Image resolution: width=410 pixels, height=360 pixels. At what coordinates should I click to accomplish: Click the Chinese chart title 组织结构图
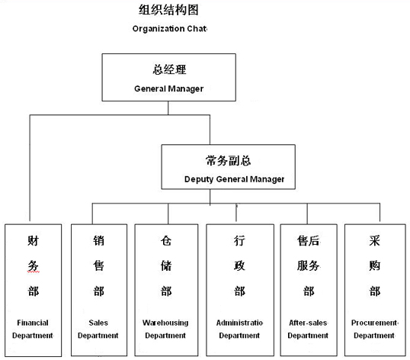[168, 10]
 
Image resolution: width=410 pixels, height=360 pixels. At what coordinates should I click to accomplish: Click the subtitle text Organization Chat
[169, 28]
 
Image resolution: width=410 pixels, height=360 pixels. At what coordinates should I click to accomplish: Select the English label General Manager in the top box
[168, 88]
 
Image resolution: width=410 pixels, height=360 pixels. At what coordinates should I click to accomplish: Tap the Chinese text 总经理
[169, 69]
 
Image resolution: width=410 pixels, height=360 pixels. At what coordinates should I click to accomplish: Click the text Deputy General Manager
[234, 179]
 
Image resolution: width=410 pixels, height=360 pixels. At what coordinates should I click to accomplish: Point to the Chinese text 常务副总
[228, 160]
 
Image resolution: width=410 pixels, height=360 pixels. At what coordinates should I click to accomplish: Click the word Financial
[33, 323]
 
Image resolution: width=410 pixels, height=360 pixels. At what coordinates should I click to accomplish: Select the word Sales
[98, 323]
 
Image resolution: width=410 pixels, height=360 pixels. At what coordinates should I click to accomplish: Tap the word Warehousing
[165, 323]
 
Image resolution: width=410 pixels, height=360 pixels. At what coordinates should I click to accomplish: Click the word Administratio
[239, 323]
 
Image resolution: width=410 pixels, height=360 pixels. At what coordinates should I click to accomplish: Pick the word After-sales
[308, 323]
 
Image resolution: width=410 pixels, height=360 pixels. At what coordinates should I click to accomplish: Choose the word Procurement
[374, 323]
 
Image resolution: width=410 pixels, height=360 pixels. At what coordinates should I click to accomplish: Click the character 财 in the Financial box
[34, 241]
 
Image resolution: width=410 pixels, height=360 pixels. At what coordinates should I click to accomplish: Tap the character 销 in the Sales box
[98, 241]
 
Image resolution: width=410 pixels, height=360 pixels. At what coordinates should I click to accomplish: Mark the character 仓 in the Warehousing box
[166, 241]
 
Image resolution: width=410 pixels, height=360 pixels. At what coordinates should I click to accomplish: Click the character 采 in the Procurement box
[374, 241]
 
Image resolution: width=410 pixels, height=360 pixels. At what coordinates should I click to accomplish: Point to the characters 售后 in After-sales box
[308, 241]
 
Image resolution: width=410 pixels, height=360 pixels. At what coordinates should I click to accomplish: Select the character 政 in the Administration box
[239, 266]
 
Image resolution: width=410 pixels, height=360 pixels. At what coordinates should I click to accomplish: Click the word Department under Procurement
[374, 336]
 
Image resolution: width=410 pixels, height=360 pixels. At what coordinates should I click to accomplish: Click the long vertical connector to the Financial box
[30, 168]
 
